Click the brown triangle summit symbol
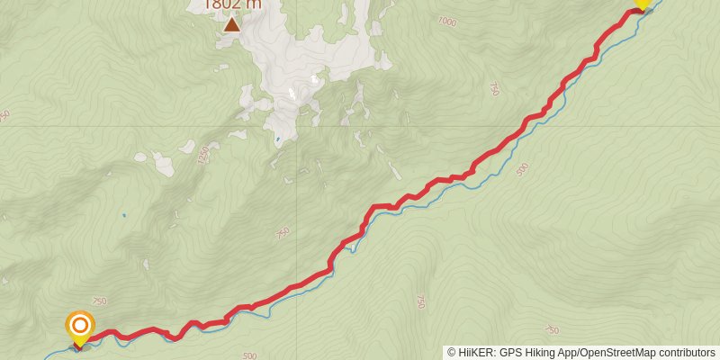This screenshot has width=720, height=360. [232, 24]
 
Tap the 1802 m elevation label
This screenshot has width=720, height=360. [232, 4]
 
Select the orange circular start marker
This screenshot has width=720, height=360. [80, 326]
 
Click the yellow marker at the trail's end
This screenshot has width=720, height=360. [642, 4]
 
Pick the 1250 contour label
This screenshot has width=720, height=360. [202, 154]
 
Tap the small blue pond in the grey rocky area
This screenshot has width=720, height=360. [278, 139]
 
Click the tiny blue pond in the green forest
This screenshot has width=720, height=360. [123, 216]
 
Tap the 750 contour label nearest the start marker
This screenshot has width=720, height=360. [99, 301]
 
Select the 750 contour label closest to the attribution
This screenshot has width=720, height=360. [553, 330]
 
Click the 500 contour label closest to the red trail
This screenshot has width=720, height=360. [523, 168]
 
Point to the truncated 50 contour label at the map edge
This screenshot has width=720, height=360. [4, 115]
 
